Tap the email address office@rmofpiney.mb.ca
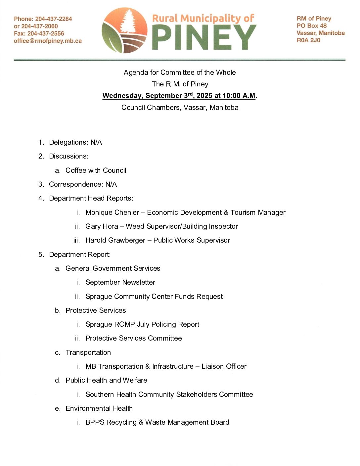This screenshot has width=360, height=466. (48, 41)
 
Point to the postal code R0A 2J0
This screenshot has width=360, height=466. (308, 40)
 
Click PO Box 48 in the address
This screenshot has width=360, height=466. (311, 26)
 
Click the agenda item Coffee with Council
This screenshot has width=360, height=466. (96, 170)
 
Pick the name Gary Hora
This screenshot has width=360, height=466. (102, 226)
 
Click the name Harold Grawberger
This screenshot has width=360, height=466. (115, 240)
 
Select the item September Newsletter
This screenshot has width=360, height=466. (120, 282)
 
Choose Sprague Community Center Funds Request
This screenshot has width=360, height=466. (154, 297)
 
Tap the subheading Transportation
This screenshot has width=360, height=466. (88, 352)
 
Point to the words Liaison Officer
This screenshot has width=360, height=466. (224, 366)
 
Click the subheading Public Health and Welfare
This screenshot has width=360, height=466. (106, 380)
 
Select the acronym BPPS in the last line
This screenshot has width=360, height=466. (95, 422)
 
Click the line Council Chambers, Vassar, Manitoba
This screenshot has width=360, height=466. (180, 108)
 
